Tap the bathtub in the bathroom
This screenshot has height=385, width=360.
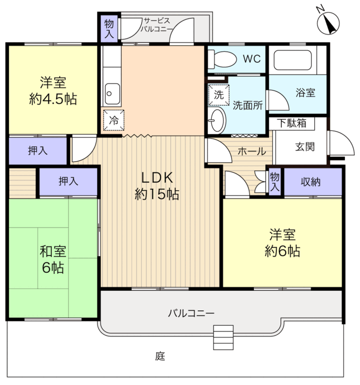click(292, 60)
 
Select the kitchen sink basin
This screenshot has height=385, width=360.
click(113, 93)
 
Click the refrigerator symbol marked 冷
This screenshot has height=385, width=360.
click(114, 120)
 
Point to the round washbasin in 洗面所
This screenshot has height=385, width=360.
click(217, 120)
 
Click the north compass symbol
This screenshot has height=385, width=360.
click(328, 22)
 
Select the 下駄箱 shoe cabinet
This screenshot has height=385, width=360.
click(292, 123)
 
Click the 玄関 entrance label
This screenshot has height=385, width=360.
click(305, 147)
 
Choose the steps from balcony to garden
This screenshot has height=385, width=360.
click(223, 338)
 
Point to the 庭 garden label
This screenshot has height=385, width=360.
click(160, 356)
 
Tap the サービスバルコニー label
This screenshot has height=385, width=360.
click(156, 25)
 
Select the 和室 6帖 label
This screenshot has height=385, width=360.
click(53, 259)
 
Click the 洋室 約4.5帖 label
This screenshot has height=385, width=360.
click(53, 91)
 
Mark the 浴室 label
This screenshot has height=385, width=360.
click(306, 93)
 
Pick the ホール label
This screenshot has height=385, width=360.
click(252, 152)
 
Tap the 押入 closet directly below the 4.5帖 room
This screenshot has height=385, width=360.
click(38, 150)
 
